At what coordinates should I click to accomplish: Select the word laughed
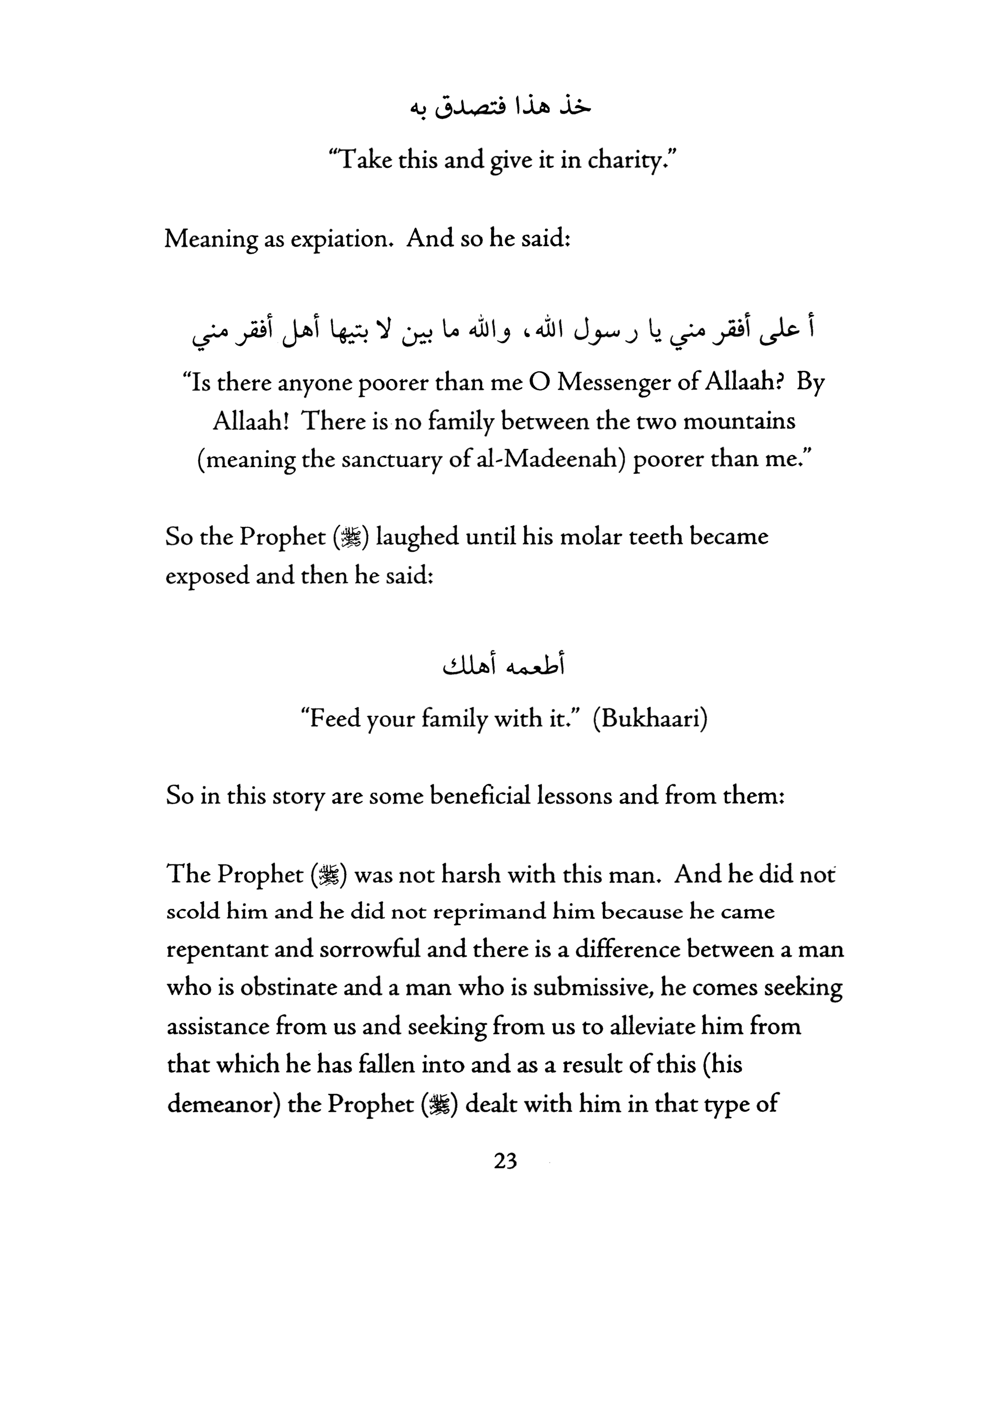417,536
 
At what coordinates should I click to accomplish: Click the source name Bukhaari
650,718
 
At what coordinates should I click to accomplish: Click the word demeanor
220,1103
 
